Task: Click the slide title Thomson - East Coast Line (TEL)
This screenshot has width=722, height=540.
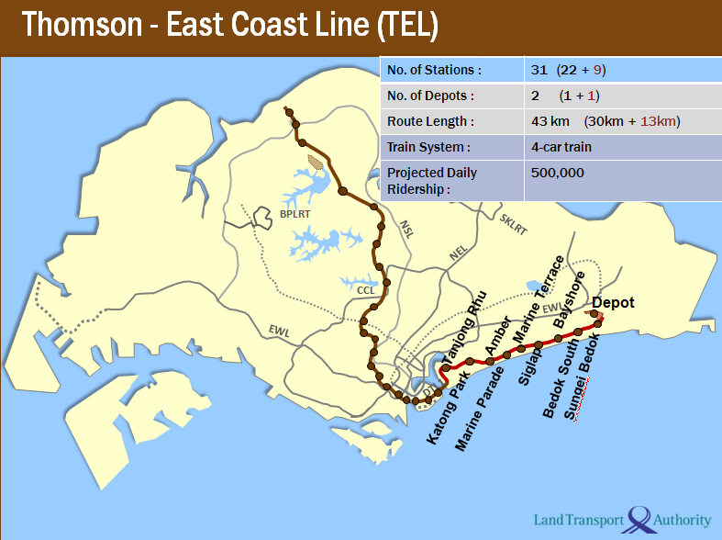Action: click(x=229, y=26)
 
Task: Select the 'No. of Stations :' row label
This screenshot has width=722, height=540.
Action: click(x=435, y=70)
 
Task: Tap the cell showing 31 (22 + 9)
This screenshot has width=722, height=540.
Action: click(x=569, y=70)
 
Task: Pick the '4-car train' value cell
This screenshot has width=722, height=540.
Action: click(x=561, y=147)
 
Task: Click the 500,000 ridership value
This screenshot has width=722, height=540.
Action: click(x=557, y=173)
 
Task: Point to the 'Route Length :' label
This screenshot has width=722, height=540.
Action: click(x=430, y=121)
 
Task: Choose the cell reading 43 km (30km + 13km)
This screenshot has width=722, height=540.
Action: click(x=605, y=121)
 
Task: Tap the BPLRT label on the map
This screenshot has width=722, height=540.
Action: click(x=295, y=213)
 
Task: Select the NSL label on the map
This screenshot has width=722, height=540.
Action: click(x=406, y=229)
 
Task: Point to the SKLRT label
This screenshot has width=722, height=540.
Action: click(x=514, y=224)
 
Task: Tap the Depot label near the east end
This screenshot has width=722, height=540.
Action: click(x=613, y=303)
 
